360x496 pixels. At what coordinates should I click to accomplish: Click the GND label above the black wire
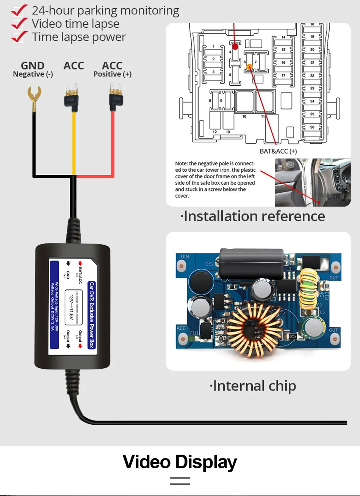coord(33,66)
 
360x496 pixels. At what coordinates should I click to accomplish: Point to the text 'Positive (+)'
coord(113,74)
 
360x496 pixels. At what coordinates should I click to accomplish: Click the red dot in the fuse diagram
coord(235,47)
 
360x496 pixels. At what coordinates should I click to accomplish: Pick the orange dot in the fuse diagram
coord(250,67)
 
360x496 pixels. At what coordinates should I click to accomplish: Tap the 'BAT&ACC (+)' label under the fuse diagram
coord(278,151)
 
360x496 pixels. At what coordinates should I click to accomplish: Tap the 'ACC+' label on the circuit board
coord(183,328)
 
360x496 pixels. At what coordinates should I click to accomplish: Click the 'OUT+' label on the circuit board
coord(334,330)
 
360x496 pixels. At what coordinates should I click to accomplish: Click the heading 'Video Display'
coord(180,462)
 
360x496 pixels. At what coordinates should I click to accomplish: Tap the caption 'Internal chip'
coord(253,386)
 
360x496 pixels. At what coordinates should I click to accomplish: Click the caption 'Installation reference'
coord(253,216)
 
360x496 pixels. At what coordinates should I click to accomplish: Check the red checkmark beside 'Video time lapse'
coord(19,24)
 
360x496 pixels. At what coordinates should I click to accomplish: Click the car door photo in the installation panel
coord(313,182)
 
